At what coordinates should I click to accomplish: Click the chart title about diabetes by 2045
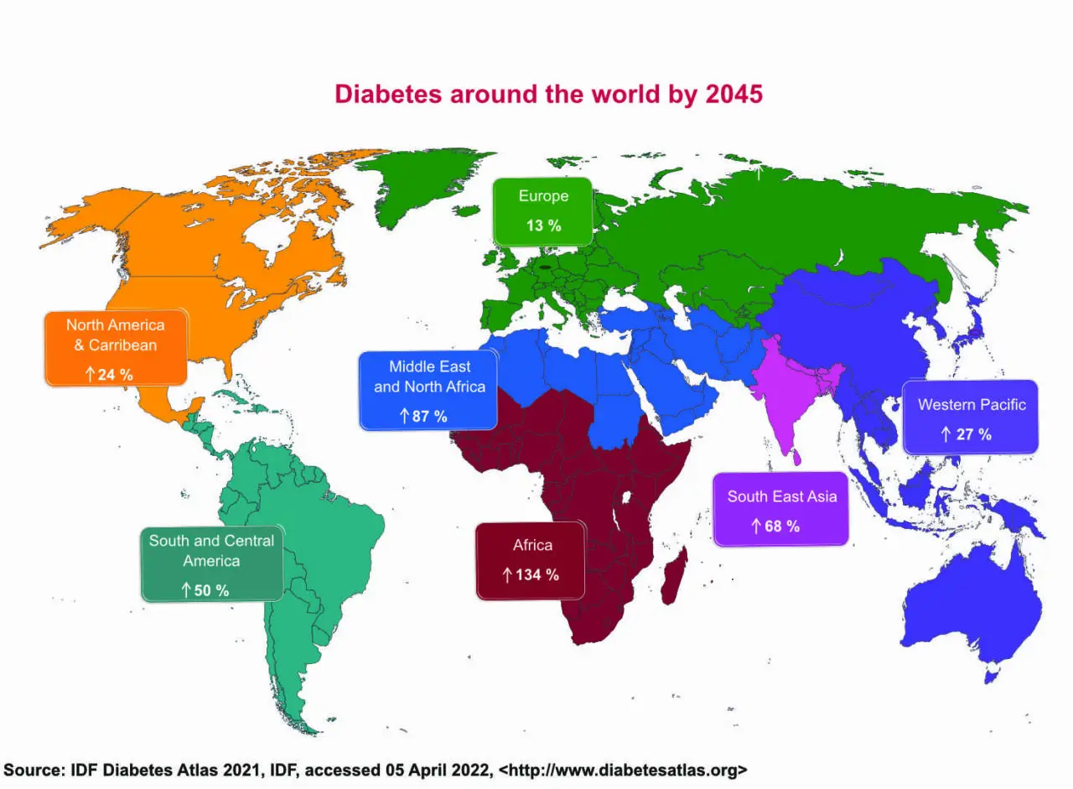pyautogui.click(x=548, y=94)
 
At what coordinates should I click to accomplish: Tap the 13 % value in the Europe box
pyautogui.click(x=543, y=226)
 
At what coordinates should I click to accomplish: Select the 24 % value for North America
pyautogui.click(x=115, y=374)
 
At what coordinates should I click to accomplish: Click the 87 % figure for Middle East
pyautogui.click(x=429, y=415)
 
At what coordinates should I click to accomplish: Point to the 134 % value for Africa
pyautogui.click(x=537, y=574)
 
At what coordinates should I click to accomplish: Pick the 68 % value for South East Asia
pyautogui.click(x=781, y=526)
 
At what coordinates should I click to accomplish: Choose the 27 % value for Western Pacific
pyautogui.click(x=973, y=434)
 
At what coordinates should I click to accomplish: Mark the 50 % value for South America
pyautogui.click(x=210, y=590)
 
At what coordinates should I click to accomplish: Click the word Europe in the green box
pyautogui.click(x=543, y=196)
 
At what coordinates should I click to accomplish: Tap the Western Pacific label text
pyautogui.click(x=972, y=404)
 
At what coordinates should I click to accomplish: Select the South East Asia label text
pyautogui.click(x=781, y=496)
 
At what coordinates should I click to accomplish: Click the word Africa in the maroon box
pyautogui.click(x=532, y=545)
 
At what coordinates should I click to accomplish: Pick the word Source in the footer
pyautogui.click(x=34, y=770)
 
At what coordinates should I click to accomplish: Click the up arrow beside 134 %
pyautogui.click(x=506, y=574)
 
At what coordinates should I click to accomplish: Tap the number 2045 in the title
pyautogui.click(x=734, y=94)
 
